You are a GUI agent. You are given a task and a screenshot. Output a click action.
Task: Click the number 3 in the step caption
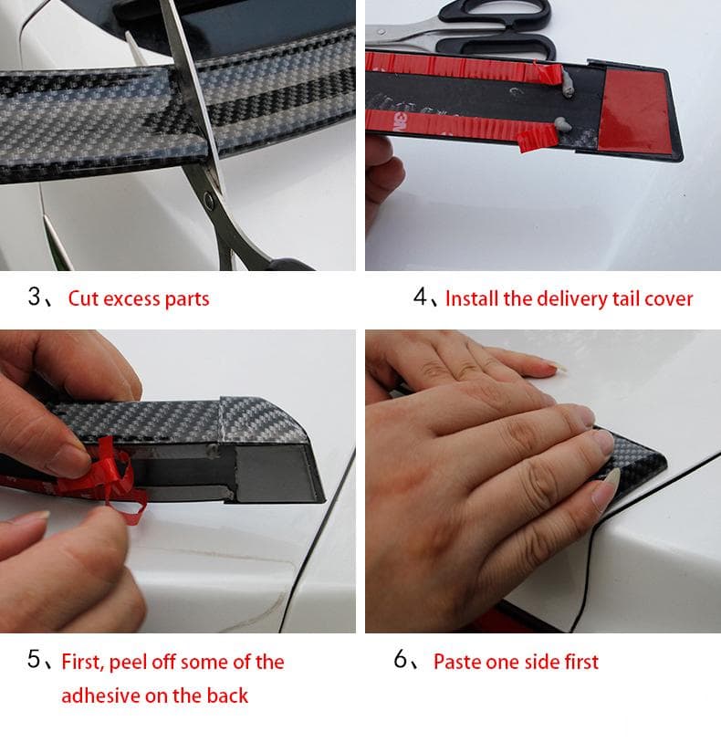pyautogui.click(x=35, y=298)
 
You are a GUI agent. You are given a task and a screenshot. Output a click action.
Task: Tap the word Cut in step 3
pyautogui.click(x=83, y=298)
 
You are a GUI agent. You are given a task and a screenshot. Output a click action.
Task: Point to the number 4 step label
pyautogui.click(x=420, y=298)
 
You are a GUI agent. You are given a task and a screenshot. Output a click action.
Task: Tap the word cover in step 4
pyautogui.click(x=669, y=298)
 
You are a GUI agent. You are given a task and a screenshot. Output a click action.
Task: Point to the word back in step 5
pyautogui.click(x=226, y=695)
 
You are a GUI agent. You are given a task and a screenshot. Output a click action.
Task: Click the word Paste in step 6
pyautogui.click(x=458, y=662)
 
